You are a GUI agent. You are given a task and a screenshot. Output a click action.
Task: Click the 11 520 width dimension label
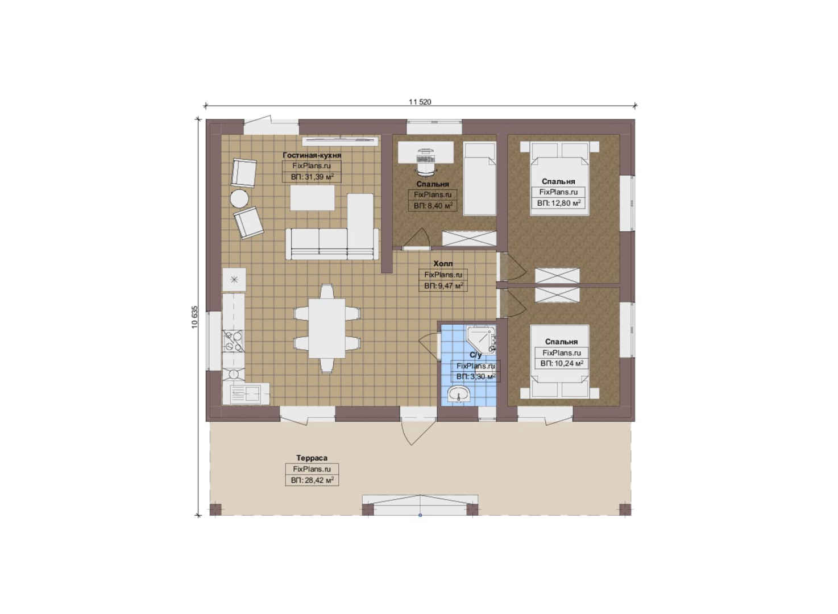click(420, 102)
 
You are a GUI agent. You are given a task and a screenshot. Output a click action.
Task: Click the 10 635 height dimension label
click(194, 317)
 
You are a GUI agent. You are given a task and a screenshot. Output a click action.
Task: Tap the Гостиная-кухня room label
click(312, 155)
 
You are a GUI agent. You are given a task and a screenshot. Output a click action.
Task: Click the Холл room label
click(443, 263)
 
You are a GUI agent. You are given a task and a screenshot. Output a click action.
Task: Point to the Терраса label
click(312, 458)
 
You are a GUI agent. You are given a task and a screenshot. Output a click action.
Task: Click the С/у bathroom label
click(475, 355)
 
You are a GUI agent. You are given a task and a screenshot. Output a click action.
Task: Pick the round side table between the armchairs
click(239, 198)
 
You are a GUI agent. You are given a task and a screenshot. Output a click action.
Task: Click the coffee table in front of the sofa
click(312, 198)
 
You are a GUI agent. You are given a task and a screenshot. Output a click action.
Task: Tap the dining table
click(327, 328)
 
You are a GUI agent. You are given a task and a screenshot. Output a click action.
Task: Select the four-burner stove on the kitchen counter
click(233, 341)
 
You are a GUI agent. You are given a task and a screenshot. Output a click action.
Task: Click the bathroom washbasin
click(459, 395)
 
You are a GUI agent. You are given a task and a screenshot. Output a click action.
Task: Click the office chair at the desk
click(426, 161)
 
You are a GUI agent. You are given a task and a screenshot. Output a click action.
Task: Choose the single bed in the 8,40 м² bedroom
click(480, 179)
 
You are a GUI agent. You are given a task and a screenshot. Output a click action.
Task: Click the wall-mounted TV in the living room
click(340, 140)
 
